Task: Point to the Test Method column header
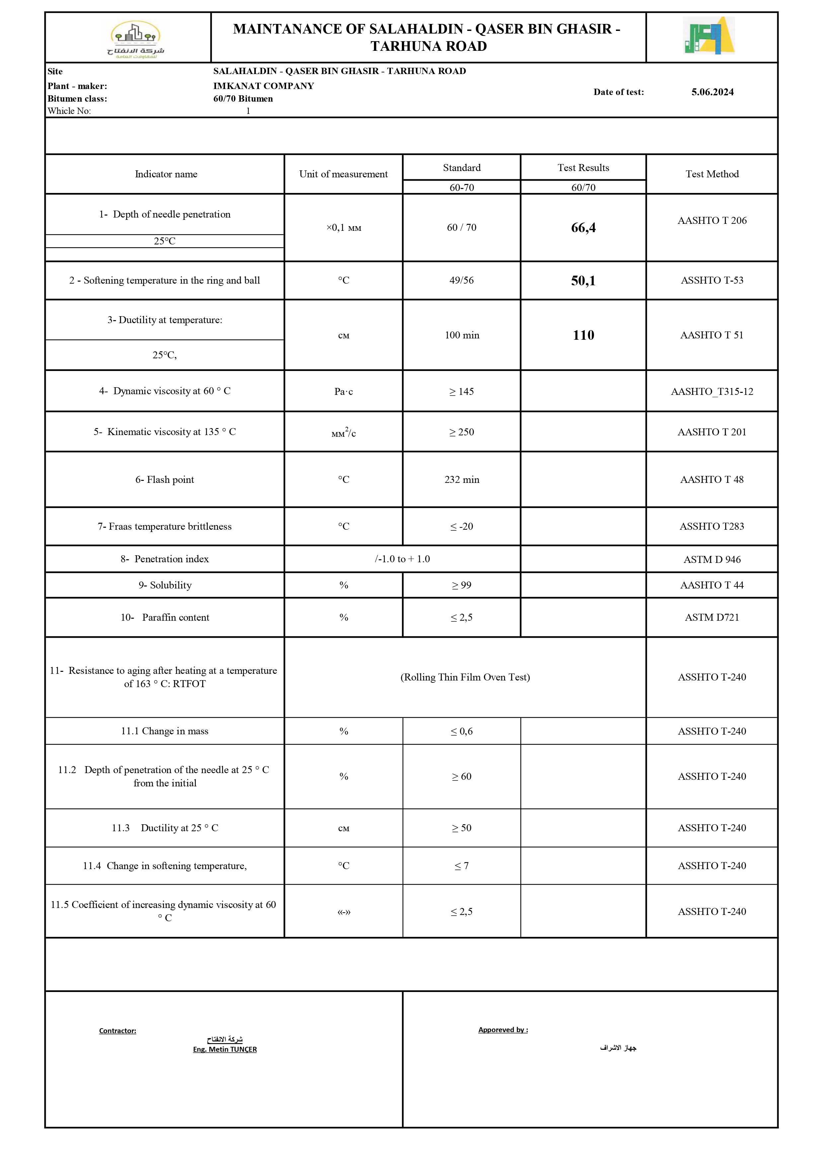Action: pos(712,174)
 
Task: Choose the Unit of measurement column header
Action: pos(343,174)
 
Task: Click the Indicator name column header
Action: pos(166,174)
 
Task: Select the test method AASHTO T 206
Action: pos(712,220)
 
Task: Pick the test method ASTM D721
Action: pos(712,617)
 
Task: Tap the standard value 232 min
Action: pos(462,480)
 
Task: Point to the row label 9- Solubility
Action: pos(165,585)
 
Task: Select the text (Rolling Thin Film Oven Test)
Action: pos(465,677)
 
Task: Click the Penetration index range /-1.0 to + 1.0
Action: pos(402,559)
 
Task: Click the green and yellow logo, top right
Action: pos(709,36)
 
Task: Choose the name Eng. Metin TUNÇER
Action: pos(225,1049)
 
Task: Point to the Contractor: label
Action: pos(118,1031)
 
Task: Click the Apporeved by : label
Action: pos(503,1030)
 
